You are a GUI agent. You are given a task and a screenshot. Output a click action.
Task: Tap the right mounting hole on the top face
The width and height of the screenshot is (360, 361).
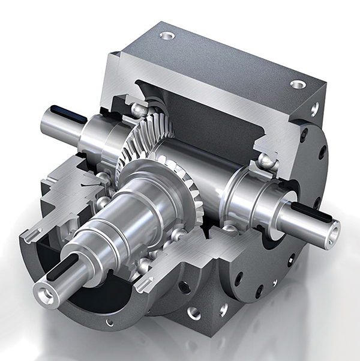click(298, 84)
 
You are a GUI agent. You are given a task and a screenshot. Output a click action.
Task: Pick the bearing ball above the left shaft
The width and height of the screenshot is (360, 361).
click(139, 109)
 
